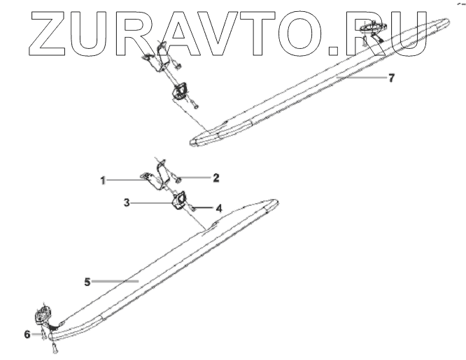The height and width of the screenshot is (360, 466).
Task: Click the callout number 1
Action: coord(102,180)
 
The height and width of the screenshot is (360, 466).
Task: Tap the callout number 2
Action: coord(216,178)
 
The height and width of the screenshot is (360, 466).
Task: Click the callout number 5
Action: coord(87,282)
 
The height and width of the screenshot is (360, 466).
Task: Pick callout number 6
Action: coord(27,335)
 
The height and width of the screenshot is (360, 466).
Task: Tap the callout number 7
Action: coord(391,78)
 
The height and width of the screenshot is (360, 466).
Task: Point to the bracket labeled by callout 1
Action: coord(155,175)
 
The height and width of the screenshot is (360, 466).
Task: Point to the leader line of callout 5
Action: coord(115,282)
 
